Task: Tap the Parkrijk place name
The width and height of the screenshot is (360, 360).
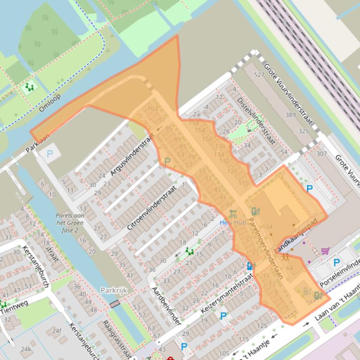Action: [114, 290]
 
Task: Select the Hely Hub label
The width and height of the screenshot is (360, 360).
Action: [233, 223]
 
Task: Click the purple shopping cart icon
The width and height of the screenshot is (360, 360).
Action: [325, 251]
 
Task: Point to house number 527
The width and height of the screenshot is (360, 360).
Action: [259, 75]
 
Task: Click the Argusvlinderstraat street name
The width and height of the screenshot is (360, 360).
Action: [132, 157]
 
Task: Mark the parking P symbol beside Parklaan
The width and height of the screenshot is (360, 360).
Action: [49, 153]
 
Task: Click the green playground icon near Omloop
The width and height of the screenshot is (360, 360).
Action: [30, 87]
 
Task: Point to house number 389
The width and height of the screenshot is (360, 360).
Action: [291, 115]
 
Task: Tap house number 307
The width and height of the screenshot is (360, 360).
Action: [322, 153]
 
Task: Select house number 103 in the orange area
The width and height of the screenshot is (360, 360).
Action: [152, 109]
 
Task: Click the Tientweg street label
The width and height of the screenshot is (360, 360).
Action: [14, 306]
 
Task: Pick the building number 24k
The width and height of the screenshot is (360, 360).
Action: [25, 349]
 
